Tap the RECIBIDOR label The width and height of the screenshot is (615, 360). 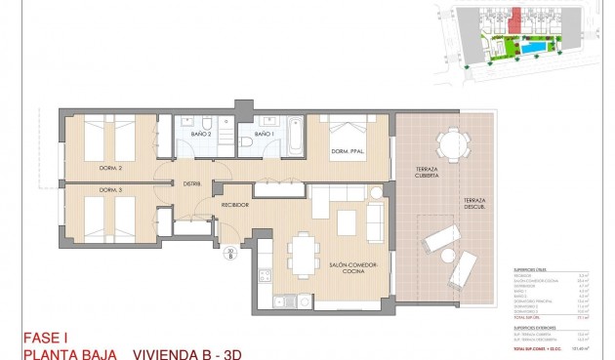pos(235,206)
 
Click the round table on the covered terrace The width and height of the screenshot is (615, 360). pos(451,144)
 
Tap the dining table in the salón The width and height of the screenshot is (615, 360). pos(303,254)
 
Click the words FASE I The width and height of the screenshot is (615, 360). pos(45,339)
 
